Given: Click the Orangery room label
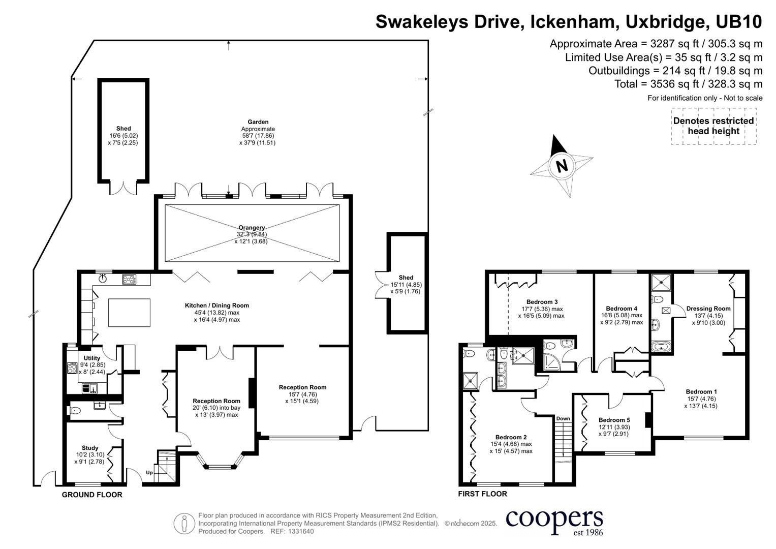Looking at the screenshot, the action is point(252,228).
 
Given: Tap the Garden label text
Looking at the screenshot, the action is point(258,121).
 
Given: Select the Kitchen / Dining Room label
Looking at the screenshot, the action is point(217,306).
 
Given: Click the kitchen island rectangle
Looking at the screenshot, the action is point(129,313).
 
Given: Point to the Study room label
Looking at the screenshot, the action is point(90,448).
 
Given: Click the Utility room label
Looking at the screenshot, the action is point(92,358).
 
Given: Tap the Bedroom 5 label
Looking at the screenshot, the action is point(614,420).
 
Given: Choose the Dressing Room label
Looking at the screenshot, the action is point(708,309).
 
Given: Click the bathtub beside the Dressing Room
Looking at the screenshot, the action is point(661,346).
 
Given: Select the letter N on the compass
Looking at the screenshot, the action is point(562,166).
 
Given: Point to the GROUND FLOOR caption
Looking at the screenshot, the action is point(92,495).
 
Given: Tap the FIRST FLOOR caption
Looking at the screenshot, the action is point(483,494).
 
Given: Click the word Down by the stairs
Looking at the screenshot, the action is point(563,418).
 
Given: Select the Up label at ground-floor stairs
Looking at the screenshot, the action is point(149,472).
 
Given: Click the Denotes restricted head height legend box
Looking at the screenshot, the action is point(713,126).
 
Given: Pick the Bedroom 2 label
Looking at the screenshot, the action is point(511,437).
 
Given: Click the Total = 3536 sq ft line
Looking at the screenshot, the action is point(689,84).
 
